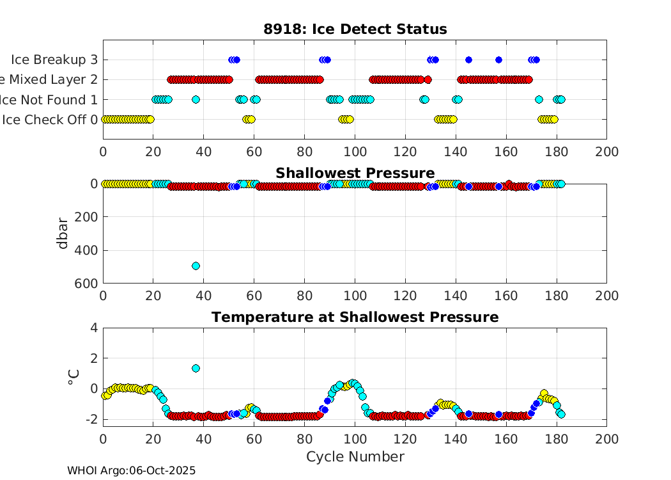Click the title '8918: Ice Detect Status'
355,29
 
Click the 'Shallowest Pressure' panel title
355,173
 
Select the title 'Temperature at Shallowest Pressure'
355,317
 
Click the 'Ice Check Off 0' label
51,119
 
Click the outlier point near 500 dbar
196,266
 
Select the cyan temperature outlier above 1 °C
196,368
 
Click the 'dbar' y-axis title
63,233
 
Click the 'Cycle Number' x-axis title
355,456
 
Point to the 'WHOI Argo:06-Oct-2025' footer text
131,470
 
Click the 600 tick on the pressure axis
88,283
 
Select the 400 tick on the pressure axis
88,250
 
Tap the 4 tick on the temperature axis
93,327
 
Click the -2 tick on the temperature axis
91,419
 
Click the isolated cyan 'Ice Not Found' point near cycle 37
196,99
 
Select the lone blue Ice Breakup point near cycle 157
498,60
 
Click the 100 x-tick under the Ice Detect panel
355,152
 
